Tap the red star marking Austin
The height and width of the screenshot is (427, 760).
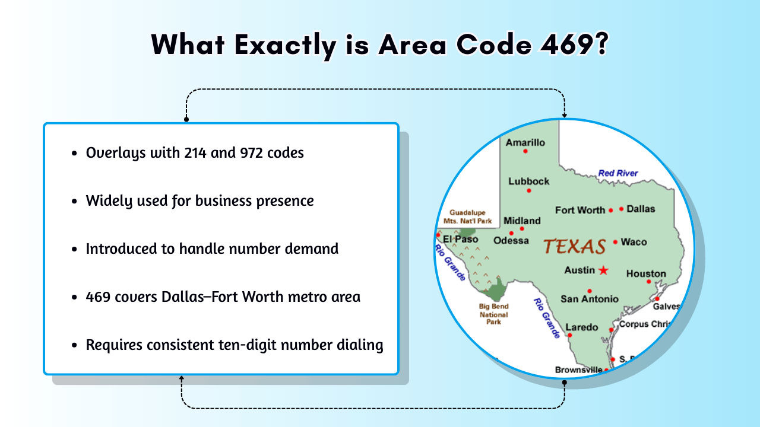pos(604,270)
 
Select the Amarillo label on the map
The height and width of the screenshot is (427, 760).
pos(525,142)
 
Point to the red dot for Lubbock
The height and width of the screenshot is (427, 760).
pos(528,190)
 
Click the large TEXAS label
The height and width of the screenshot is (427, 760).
pos(574,246)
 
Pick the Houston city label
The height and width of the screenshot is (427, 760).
pos(646,273)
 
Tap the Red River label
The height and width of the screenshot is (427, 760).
pos(618,173)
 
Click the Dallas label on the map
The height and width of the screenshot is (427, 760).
pos(641,209)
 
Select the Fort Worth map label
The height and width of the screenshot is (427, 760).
pos(579,210)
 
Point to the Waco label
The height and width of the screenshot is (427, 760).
pos(634,242)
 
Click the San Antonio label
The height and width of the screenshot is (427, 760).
pos(589,299)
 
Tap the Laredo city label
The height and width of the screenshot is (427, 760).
pos(581,327)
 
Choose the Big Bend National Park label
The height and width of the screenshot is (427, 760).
pos(494,314)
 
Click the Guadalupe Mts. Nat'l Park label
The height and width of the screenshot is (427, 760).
pos(468,216)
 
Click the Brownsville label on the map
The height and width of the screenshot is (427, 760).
pos(578,370)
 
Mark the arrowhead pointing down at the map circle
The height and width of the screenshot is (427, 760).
pos(564,115)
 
